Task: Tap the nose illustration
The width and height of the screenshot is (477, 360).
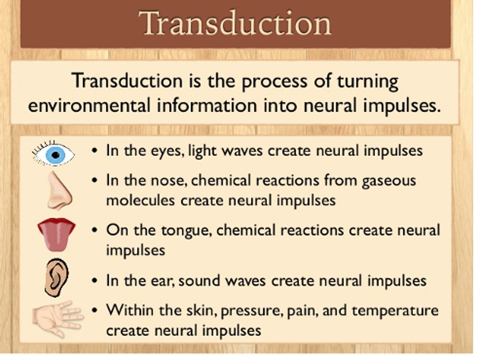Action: coord(59,191)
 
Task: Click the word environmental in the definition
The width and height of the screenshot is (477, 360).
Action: coord(89,106)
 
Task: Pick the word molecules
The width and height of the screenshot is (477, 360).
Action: coord(140,200)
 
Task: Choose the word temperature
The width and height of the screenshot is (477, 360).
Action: coord(395,311)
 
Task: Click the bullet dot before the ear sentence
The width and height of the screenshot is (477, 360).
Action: coord(95,281)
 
